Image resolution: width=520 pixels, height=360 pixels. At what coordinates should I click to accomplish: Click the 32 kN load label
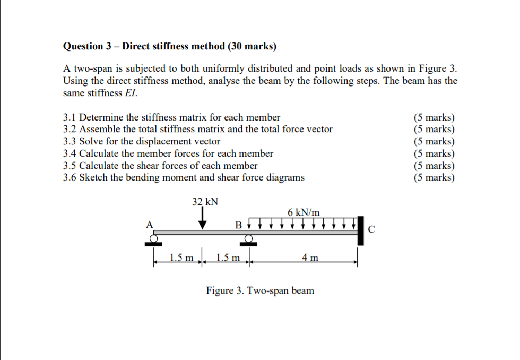(x=205, y=202)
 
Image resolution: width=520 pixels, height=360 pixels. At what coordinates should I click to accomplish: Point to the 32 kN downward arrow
(x=203, y=219)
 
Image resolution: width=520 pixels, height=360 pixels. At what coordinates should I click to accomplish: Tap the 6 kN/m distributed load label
(x=304, y=212)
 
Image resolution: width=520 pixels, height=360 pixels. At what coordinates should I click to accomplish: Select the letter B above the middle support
(x=239, y=225)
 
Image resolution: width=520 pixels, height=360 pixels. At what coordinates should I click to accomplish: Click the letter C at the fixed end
(x=371, y=229)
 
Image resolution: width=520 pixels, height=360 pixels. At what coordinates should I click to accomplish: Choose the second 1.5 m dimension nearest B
(x=228, y=259)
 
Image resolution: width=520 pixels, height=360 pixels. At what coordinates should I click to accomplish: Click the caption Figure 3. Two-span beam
(x=260, y=290)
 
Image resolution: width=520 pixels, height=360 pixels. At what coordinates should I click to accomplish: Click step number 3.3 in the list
(x=70, y=141)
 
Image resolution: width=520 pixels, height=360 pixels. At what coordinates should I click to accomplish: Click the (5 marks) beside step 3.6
(x=434, y=177)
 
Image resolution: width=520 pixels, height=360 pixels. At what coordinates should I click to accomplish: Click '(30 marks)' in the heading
(x=252, y=46)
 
